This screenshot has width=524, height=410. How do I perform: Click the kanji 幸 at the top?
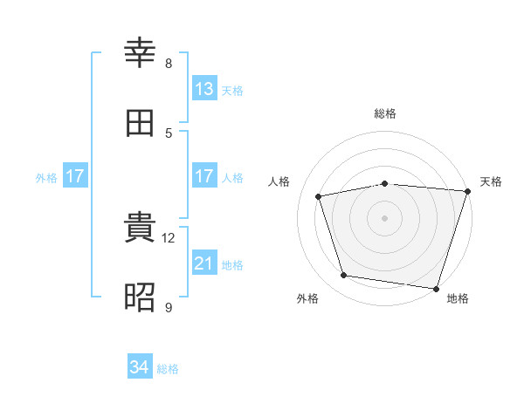(140, 52)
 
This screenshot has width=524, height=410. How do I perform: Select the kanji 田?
(140, 123)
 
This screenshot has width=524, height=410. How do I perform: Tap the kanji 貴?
(140, 227)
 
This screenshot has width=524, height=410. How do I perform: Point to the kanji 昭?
(140, 297)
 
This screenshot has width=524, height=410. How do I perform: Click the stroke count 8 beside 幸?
(169, 64)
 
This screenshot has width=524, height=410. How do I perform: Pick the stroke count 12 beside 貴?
(168, 238)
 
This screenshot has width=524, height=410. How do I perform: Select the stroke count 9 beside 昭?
(169, 307)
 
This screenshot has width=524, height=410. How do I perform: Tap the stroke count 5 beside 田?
(169, 133)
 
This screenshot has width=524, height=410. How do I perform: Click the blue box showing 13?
(204, 88)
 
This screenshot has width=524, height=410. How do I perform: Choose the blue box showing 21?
(204, 262)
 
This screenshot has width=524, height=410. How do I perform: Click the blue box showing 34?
(140, 366)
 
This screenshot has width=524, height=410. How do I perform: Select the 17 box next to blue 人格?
(204, 175)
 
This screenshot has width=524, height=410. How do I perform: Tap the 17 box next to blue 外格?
(75, 175)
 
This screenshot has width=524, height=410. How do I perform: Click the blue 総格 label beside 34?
(168, 369)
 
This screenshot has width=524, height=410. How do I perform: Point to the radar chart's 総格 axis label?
(385, 113)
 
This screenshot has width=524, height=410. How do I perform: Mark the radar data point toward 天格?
(468, 191)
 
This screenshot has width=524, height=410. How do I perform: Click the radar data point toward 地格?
(436, 289)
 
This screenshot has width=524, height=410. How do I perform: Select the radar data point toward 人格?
(319, 196)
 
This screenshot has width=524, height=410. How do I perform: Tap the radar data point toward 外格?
(343, 276)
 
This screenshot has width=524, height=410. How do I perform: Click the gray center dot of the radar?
(384, 218)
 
